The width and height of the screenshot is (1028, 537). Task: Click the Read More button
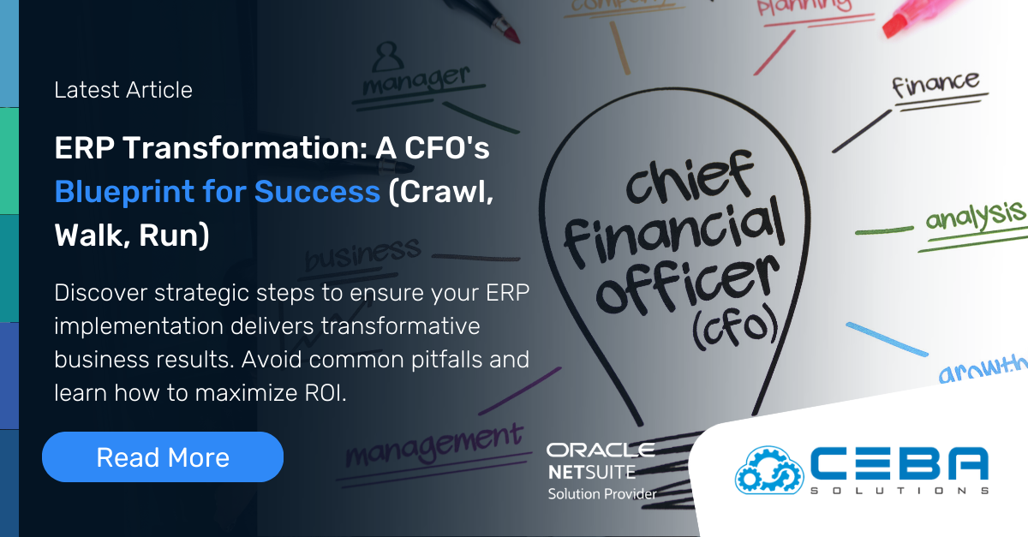click(x=162, y=457)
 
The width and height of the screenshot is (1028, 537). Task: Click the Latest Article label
click(x=123, y=90)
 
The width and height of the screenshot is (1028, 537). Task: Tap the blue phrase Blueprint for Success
click(x=217, y=192)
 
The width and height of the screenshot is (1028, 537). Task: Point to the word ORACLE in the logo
click(x=601, y=450)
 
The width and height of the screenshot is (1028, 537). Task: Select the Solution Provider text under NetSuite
click(x=602, y=494)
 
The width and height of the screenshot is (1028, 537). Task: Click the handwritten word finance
click(x=935, y=85)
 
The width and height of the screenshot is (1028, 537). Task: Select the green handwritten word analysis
click(x=974, y=215)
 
